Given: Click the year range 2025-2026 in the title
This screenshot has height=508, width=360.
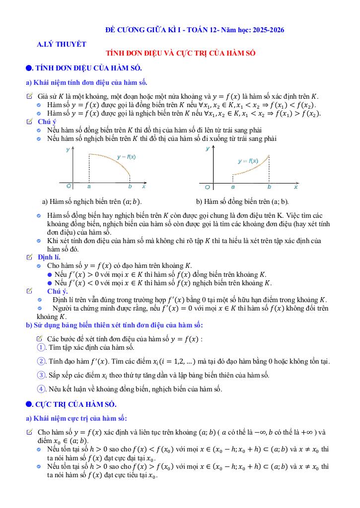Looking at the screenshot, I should [267, 30].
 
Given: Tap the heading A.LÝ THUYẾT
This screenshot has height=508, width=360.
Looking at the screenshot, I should [62, 44].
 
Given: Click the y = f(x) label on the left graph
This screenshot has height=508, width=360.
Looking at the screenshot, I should [126, 157].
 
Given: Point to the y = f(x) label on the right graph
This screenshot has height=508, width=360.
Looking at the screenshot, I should [248, 161].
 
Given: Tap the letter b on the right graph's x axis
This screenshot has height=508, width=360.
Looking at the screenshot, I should [269, 187].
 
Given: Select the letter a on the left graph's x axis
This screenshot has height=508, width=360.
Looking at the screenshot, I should [89, 187].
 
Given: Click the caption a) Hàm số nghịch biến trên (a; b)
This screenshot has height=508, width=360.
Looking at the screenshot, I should [92, 201].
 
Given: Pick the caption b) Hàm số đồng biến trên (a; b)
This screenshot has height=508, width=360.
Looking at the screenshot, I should [242, 201].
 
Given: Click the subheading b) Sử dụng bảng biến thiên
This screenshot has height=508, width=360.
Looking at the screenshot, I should [114, 325].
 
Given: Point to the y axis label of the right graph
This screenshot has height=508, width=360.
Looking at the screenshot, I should [207, 149].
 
